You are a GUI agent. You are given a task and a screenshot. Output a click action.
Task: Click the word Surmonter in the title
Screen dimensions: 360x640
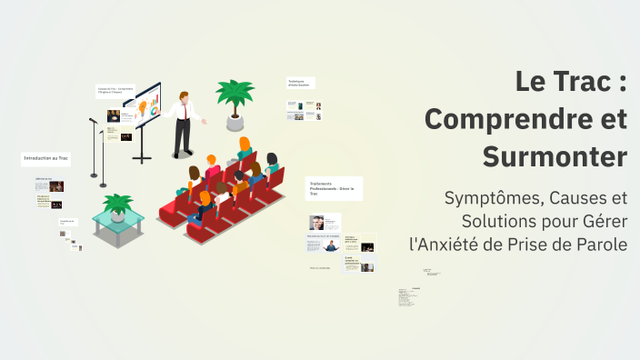(555, 156)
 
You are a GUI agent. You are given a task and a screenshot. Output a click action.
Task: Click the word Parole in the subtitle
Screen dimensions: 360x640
(599, 244)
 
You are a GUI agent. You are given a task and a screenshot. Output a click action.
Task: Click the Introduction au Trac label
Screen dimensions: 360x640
(46, 159)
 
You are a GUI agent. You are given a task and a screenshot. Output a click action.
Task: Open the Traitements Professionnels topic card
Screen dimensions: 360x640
(334, 187)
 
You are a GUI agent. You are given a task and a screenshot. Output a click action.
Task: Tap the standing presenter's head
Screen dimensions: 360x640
(185, 95)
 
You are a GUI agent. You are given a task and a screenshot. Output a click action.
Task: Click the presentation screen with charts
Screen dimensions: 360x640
(143, 108)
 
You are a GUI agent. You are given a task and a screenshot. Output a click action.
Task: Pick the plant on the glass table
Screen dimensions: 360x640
(117, 203)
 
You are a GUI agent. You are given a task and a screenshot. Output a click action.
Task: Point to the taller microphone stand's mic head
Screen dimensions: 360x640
(93, 119)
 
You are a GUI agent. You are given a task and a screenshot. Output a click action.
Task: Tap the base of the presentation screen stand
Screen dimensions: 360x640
(142, 160)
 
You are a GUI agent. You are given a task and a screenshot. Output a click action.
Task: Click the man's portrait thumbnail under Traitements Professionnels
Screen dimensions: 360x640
(316, 222)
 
